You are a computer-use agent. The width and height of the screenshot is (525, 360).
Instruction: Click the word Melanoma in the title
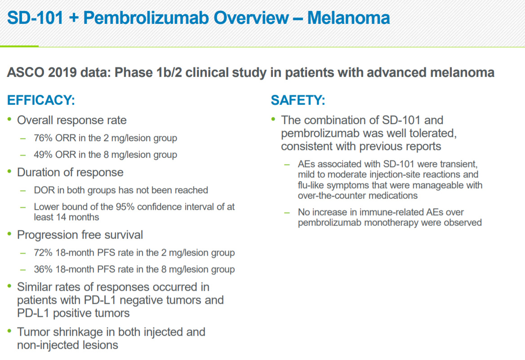click(x=348, y=18)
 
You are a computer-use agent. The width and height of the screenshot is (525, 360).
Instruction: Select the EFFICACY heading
click(x=41, y=100)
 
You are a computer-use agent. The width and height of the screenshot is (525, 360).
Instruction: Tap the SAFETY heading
click(x=298, y=100)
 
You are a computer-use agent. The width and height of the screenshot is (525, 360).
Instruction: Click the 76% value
click(x=43, y=138)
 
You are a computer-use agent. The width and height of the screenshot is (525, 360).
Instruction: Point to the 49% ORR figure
click(x=43, y=155)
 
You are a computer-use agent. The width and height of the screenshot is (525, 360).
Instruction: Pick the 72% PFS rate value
click(x=43, y=253)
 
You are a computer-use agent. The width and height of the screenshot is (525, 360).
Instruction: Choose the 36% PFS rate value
click(x=43, y=269)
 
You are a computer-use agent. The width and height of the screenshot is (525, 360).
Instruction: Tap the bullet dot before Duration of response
click(x=9, y=171)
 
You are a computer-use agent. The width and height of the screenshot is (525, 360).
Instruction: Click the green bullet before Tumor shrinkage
click(x=9, y=331)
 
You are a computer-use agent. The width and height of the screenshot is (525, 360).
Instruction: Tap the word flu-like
click(x=311, y=185)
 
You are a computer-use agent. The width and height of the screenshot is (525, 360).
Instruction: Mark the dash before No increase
click(x=287, y=213)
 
